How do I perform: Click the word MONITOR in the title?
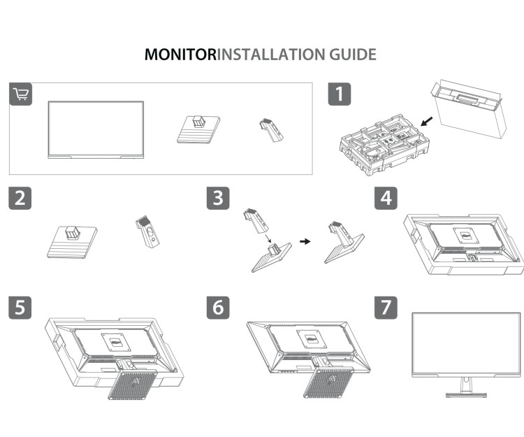[x=181, y=55]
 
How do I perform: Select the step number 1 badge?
[x=340, y=94]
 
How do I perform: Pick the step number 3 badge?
[x=219, y=197]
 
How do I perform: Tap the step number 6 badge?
[x=219, y=306]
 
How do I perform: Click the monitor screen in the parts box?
[x=95, y=127]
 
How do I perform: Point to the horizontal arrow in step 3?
[x=305, y=241]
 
